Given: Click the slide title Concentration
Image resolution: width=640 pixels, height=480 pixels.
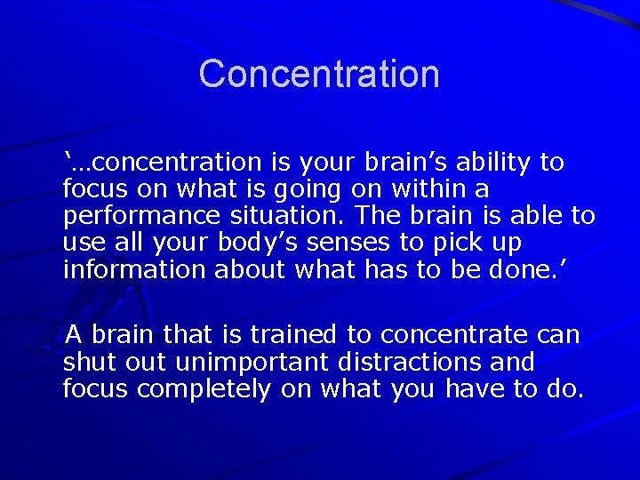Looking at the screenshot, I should pos(319,74).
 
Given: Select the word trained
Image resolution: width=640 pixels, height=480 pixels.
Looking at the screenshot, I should pos(294,335).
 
